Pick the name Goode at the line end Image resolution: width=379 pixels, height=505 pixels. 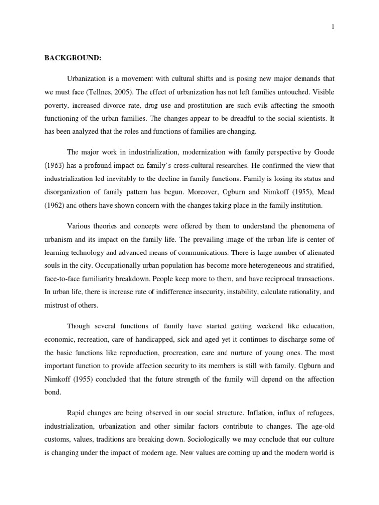[324, 147]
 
